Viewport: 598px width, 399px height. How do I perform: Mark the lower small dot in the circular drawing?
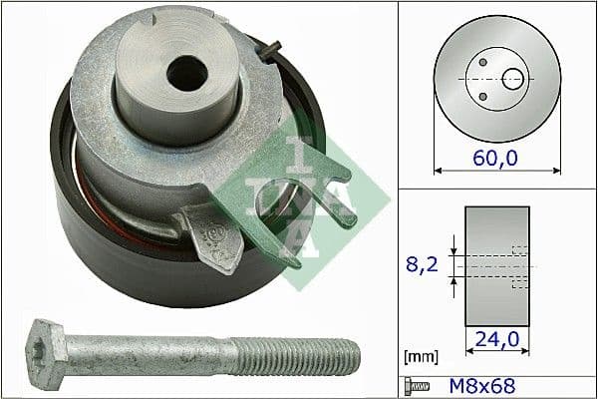coord(482,96)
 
